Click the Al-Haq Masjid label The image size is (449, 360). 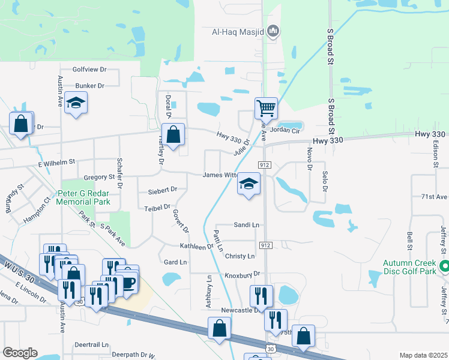[x=238, y=31]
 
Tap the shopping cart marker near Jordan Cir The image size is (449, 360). [x=265, y=109]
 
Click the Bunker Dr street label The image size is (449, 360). [x=90, y=86]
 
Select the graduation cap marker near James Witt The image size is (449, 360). [x=249, y=184]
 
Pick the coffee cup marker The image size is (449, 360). [x=128, y=281]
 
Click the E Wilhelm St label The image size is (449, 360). [x=56, y=161]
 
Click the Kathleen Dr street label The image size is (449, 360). [x=197, y=246]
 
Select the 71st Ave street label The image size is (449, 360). [x=434, y=197]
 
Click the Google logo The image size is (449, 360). [x=20, y=353]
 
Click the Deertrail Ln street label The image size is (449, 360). [x=91, y=345]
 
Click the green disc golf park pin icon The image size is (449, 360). [x=444, y=266]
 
